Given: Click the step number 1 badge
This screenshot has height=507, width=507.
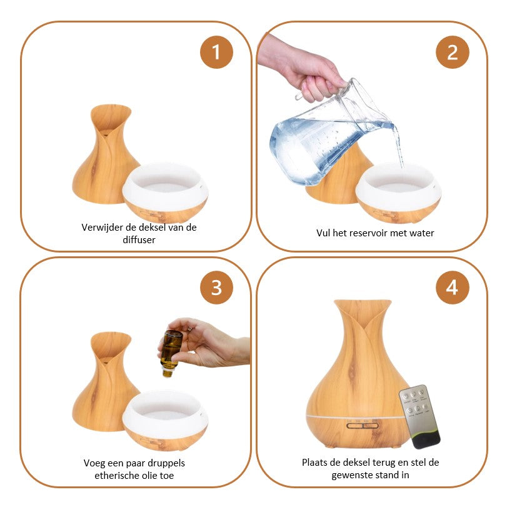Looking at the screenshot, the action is [216, 52].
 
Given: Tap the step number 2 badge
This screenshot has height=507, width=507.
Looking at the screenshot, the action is [452, 52].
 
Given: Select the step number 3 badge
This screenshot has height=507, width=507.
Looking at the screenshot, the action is [216, 288].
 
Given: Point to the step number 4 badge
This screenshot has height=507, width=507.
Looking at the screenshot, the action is [452, 288].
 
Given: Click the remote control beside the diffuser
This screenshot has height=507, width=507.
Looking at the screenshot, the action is [419, 416].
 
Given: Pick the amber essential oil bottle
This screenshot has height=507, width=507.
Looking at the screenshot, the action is [171, 353].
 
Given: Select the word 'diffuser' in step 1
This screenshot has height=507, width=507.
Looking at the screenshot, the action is [139, 240].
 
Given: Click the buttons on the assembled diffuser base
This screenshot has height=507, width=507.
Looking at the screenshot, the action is [362, 425].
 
